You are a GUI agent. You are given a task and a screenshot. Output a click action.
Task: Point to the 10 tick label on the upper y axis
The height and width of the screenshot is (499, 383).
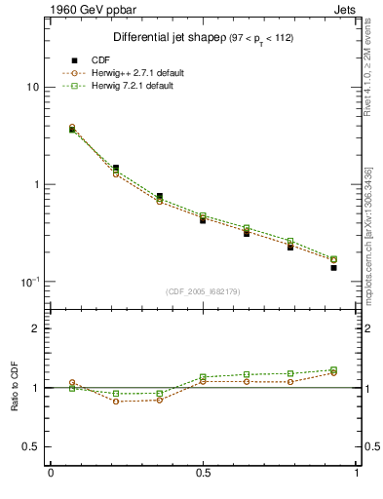32,88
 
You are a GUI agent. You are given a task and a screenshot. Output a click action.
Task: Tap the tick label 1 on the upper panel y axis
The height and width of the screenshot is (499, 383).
36,184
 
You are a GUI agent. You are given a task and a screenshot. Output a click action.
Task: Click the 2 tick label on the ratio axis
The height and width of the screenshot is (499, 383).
36,329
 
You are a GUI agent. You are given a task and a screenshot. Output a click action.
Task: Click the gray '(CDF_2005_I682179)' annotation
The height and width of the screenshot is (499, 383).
202,290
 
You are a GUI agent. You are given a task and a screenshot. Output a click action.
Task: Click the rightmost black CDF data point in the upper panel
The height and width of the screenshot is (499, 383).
333,267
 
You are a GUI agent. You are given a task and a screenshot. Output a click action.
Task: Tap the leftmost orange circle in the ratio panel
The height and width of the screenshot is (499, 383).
72,383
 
